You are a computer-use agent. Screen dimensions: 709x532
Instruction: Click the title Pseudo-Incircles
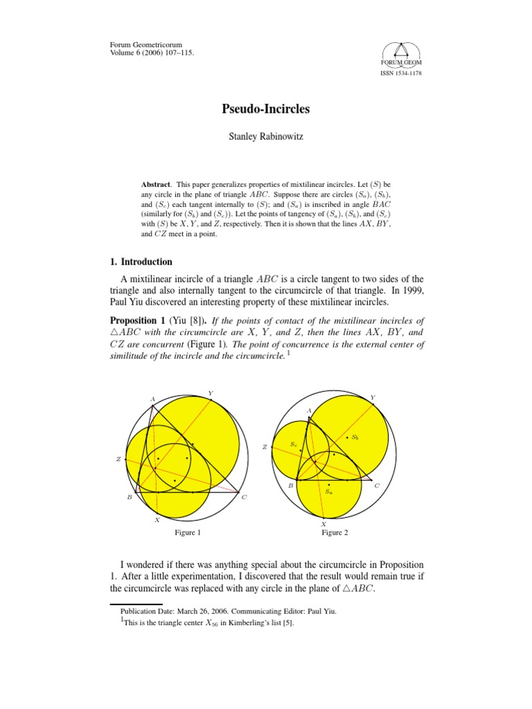click(265, 109)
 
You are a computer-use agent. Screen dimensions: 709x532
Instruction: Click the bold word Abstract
click(155, 185)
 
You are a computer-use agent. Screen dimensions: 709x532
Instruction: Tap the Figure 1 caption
click(188, 532)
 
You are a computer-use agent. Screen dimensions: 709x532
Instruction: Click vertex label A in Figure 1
click(152, 400)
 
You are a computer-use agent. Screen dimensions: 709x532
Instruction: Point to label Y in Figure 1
click(211, 393)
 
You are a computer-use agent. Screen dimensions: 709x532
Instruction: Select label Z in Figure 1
click(120, 459)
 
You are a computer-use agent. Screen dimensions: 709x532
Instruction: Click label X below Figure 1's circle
click(157, 519)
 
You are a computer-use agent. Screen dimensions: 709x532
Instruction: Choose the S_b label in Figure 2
click(355, 437)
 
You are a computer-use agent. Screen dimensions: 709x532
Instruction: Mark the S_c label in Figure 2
click(294, 443)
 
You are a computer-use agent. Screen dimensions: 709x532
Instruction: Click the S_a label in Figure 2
click(328, 491)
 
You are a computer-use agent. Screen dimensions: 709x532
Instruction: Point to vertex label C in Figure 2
click(377, 485)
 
